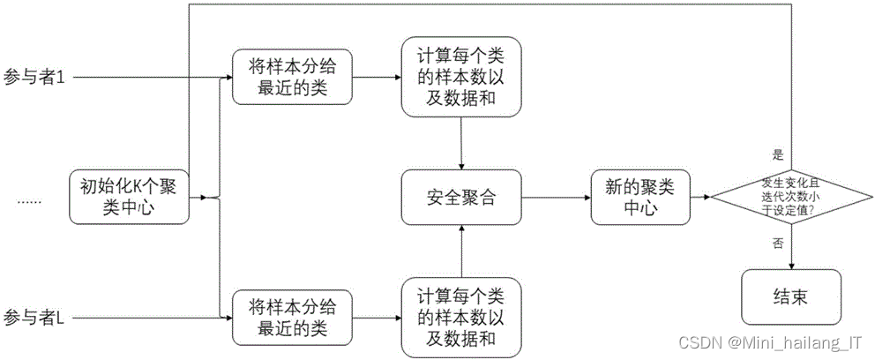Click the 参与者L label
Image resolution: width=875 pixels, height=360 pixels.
(34, 316)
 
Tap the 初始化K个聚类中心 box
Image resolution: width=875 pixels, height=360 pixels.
(128, 198)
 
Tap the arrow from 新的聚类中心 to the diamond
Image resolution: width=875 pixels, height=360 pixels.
(699, 198)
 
